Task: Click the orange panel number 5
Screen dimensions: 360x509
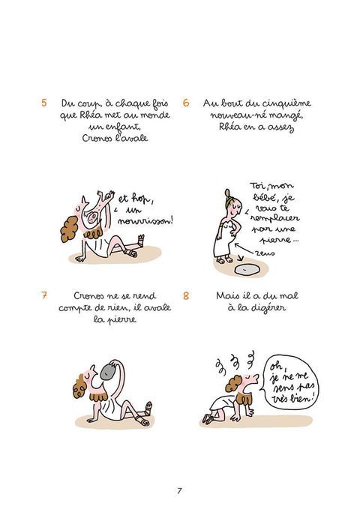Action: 43,103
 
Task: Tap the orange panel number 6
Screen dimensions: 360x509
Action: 186,103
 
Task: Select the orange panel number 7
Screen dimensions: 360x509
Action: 43,295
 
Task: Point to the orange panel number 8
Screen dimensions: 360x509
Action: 186,295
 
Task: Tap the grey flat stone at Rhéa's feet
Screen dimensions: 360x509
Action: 247,270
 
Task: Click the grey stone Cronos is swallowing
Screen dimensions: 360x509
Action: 109,372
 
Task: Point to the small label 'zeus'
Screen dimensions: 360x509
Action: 265,253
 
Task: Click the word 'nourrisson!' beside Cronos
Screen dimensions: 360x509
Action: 145,221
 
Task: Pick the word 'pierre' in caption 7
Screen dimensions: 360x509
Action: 121,320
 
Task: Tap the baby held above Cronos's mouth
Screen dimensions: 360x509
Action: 96,208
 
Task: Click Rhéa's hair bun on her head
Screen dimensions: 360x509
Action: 227,193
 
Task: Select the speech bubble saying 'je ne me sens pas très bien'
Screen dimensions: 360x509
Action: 289,383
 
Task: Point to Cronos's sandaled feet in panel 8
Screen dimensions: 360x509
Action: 208,419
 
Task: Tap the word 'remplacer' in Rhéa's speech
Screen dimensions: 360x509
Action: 274,218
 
